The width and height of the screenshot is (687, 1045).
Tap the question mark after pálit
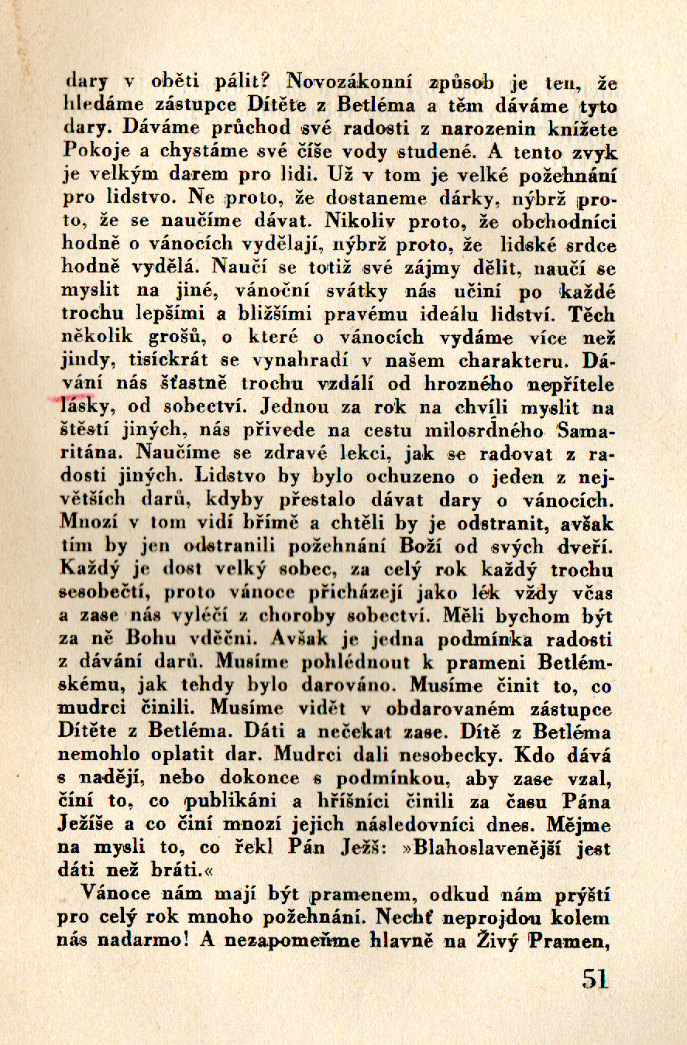[266, 80]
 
